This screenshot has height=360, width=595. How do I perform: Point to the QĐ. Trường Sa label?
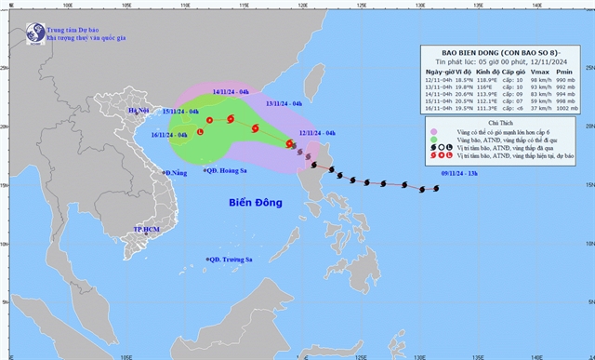click(x=231, y=260)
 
